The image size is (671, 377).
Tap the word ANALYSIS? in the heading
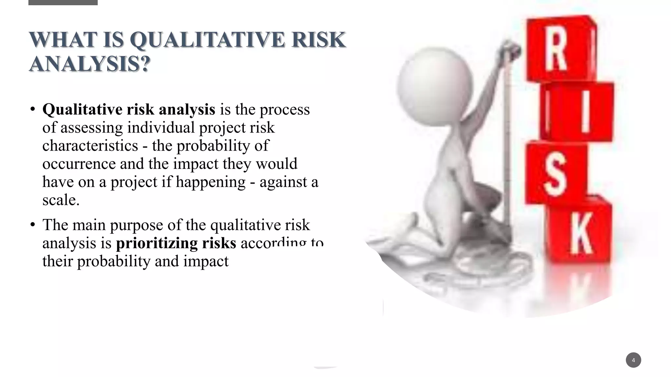89,64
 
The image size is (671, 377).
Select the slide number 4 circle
633,360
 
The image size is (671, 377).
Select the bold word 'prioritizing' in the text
157,243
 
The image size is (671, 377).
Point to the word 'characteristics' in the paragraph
90,146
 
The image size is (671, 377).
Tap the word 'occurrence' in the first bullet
79,164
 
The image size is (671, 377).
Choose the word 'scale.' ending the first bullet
61,200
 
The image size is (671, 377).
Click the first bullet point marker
32,109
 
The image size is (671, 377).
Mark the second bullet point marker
32,224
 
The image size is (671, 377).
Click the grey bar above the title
63,2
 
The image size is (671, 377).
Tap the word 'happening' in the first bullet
210,182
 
